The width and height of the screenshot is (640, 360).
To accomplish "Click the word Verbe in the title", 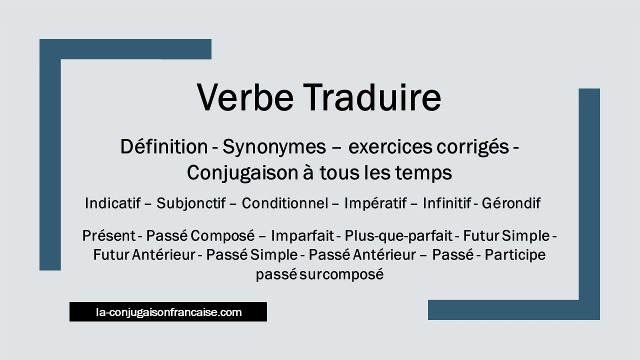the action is tap(245, 97).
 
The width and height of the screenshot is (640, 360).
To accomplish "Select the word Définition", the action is tap(164, 146).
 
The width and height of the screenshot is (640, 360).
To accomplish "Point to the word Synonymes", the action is tap(274, 147).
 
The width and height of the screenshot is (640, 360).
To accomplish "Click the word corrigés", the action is tap(473, 147).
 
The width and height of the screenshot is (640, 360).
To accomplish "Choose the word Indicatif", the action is tap(113, 203).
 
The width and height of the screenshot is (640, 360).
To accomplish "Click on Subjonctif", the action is tap(191, 203).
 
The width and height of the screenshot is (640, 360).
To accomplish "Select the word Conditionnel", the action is tap(285, 203).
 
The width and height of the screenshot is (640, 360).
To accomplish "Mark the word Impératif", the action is tap(375, 203).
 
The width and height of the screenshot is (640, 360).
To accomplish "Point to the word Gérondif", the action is tap(511, 203).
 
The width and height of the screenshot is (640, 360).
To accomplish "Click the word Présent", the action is tap(109, 235).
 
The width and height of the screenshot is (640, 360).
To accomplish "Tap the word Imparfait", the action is tap(302, 236).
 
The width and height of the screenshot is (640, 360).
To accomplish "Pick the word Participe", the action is tap(515, 255).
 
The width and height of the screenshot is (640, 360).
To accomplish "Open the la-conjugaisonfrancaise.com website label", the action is tap(168, 311).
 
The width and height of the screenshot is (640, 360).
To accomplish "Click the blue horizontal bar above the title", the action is tap(125, 49).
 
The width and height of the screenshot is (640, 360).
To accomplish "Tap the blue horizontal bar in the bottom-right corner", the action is tap(513, 310).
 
